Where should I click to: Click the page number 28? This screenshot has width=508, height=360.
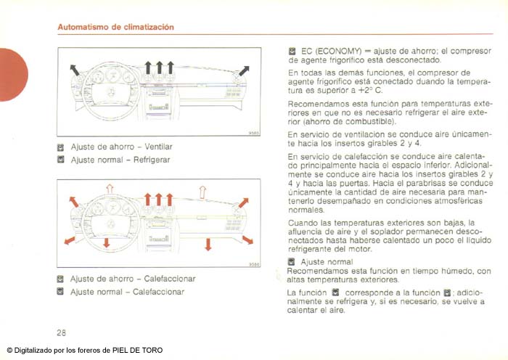62,332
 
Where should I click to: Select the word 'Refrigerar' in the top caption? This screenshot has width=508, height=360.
151,159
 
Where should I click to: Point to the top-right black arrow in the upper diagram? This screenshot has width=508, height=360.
243,70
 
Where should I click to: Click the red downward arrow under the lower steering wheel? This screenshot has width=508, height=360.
106,242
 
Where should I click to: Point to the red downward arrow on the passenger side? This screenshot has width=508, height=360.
208,243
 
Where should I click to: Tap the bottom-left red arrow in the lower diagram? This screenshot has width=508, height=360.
70,240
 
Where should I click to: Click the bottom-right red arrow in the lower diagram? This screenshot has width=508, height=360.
247,239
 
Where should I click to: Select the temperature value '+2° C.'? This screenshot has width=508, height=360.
367,91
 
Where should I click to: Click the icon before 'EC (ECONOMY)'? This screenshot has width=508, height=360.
292,52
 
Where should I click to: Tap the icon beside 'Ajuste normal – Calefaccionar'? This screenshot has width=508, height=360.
61,292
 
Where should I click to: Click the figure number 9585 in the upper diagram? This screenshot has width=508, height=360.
254,133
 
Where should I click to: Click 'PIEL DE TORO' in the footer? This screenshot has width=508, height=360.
139,350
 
